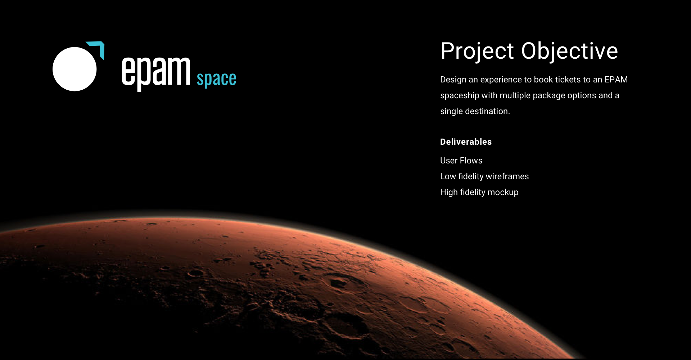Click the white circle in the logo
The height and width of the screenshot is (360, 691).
pos(74,69)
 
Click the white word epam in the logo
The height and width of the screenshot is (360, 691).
pos(156,73)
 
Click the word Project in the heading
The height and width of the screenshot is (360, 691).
pos(477,51)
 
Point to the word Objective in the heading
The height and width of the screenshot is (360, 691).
pos(570,51)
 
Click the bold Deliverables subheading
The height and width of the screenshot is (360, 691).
pos(466,142)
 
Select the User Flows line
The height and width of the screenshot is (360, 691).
pos(461,161)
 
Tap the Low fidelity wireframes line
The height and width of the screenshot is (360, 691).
pos(484,176)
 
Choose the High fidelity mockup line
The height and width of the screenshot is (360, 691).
pos(479,192)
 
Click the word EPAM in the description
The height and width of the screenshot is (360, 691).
pos(616,80)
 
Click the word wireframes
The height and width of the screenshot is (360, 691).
pos(507,176)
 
